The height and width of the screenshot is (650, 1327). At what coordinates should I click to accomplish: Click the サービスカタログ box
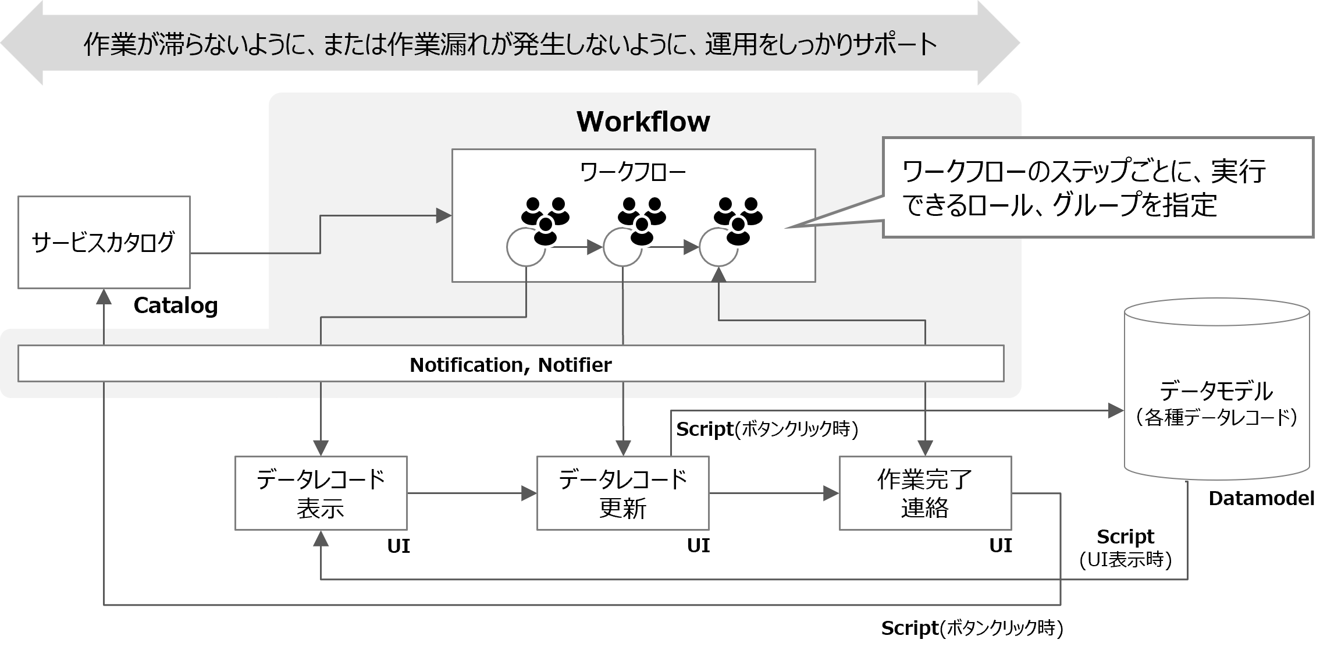coord(104,242)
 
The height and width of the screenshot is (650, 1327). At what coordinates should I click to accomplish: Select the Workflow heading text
coord(643,122)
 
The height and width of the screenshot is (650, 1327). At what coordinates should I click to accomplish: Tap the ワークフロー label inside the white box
coord(633,173)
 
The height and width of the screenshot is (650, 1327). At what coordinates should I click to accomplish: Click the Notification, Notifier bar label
coord(510,365)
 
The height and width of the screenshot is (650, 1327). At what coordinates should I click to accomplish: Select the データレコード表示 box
coord(321,493)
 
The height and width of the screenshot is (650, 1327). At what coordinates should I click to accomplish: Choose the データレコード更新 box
coord(622,493)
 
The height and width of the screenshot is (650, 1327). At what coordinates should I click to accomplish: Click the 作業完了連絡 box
coord(924,493)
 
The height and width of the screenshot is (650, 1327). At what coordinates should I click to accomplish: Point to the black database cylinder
coord(1216,390)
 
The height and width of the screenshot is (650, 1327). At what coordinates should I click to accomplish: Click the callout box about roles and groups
coord(1097,187)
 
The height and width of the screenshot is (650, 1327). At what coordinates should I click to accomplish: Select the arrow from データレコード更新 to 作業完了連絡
coord(774,494)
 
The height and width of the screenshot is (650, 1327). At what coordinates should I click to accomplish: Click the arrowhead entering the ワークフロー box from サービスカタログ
coord(444,216)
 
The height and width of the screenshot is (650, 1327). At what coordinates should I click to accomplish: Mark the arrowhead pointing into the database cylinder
coord(1116,411)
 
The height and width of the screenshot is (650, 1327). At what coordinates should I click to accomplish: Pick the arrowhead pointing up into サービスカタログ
coord(104,296)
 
